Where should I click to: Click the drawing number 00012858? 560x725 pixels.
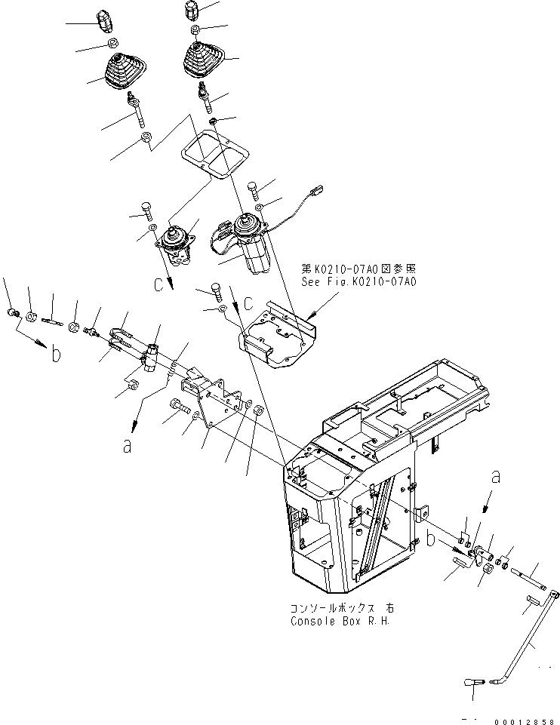click(x=525, y=719)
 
